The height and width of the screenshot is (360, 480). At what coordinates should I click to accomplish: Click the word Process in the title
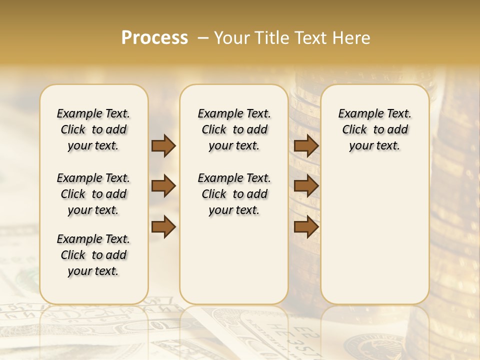(x=154, y=38)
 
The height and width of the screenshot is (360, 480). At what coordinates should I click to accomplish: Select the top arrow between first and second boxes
(x=163, y=145)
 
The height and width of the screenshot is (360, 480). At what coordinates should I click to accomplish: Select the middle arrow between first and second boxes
(x=163, y=186)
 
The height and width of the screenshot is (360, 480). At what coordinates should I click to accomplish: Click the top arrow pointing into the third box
(x=306, y=145)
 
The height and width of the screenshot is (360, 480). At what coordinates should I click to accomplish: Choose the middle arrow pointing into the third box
(x=306, y=186)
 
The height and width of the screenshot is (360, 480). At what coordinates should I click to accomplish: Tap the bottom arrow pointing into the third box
(x=306, y=227)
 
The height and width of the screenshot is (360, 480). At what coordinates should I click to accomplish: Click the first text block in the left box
(x=93, y=129)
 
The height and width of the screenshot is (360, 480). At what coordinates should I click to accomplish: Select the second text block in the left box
(x=93, y=194)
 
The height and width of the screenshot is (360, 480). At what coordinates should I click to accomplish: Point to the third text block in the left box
(x=93, y=255)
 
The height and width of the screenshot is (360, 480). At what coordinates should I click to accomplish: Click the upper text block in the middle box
(x=234, y=129)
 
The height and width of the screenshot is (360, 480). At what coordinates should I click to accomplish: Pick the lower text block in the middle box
(x=234, y=194)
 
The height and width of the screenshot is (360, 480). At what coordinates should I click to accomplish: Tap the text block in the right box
(x=374, y=129)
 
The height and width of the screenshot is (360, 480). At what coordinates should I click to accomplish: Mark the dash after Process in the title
(x=203, y=38)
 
